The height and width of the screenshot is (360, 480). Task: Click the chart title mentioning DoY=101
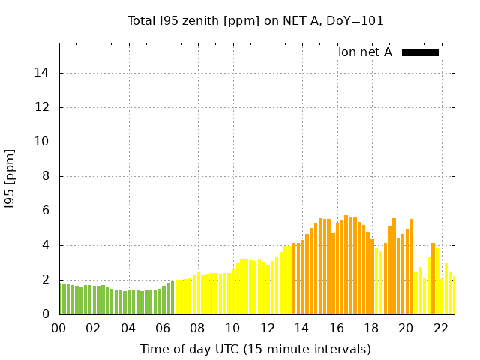coord(256,21)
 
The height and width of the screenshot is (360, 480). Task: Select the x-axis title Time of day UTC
coord(256,349)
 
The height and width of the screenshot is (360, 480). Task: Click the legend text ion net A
coord(365,52)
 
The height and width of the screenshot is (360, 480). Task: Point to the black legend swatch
coord(420,52)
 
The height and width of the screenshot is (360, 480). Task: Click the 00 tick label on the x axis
coord(58,328)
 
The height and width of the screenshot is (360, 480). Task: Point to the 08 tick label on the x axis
coord(197,328)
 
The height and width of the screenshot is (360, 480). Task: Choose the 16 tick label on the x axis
coord(336,328)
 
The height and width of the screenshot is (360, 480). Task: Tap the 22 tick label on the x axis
coord(440,328)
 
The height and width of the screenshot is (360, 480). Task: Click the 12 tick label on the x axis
coord(267,328)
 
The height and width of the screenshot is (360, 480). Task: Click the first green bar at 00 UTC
coord(61,299)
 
